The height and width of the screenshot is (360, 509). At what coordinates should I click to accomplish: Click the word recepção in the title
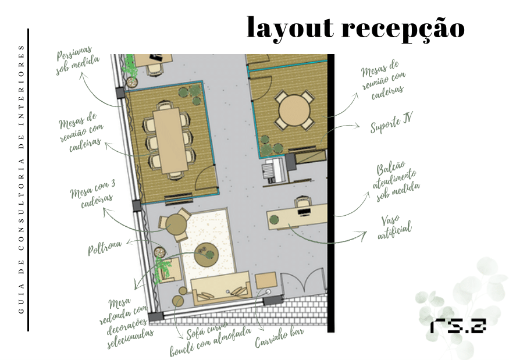pyautogui.click(x=403, y=28)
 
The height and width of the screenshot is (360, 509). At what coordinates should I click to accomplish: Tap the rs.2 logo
pyautogui.click(x=458, y=326)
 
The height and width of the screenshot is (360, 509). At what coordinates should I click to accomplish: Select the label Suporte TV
pyautogui.click(x=391, y=122)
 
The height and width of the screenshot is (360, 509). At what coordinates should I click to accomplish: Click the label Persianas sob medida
pyautogui.click(x=77, y=60)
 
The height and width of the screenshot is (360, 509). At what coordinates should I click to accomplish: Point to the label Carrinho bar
pyautogui.click(x=279, y=337)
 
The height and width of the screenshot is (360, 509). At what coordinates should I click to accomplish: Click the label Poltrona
pyautogui.click(x=105, y=248)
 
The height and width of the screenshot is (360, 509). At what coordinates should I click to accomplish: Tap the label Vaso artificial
pyautogui.click(x=394, y=227)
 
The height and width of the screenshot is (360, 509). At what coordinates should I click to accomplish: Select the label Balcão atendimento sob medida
pyautogui.click(x=396, y=181)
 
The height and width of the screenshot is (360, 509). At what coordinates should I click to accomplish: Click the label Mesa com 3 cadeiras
pyautogui.click(x=92, y=194)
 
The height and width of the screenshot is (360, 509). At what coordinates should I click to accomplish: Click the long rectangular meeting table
pyautogui.click(x=170, y=140)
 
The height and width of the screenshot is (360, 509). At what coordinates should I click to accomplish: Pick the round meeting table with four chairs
pyautogui.click(x=294, y=111)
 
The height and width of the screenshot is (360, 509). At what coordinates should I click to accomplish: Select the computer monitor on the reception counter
pyautogui.click(x=304, y=212)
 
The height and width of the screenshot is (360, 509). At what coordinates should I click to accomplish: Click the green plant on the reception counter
pyautogui.click(x=275, y=219)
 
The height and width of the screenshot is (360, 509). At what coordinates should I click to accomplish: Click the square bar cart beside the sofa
pyautogui.click(x=265, y=281)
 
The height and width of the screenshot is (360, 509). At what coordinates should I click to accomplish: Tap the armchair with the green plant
pyautogui.click(x=169, y=269)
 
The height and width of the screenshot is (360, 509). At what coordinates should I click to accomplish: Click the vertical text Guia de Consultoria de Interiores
pyautogui.click(x=21, y=180)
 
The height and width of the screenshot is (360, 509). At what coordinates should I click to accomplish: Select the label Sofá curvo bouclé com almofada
pyautogui.click(x=211, y=340)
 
